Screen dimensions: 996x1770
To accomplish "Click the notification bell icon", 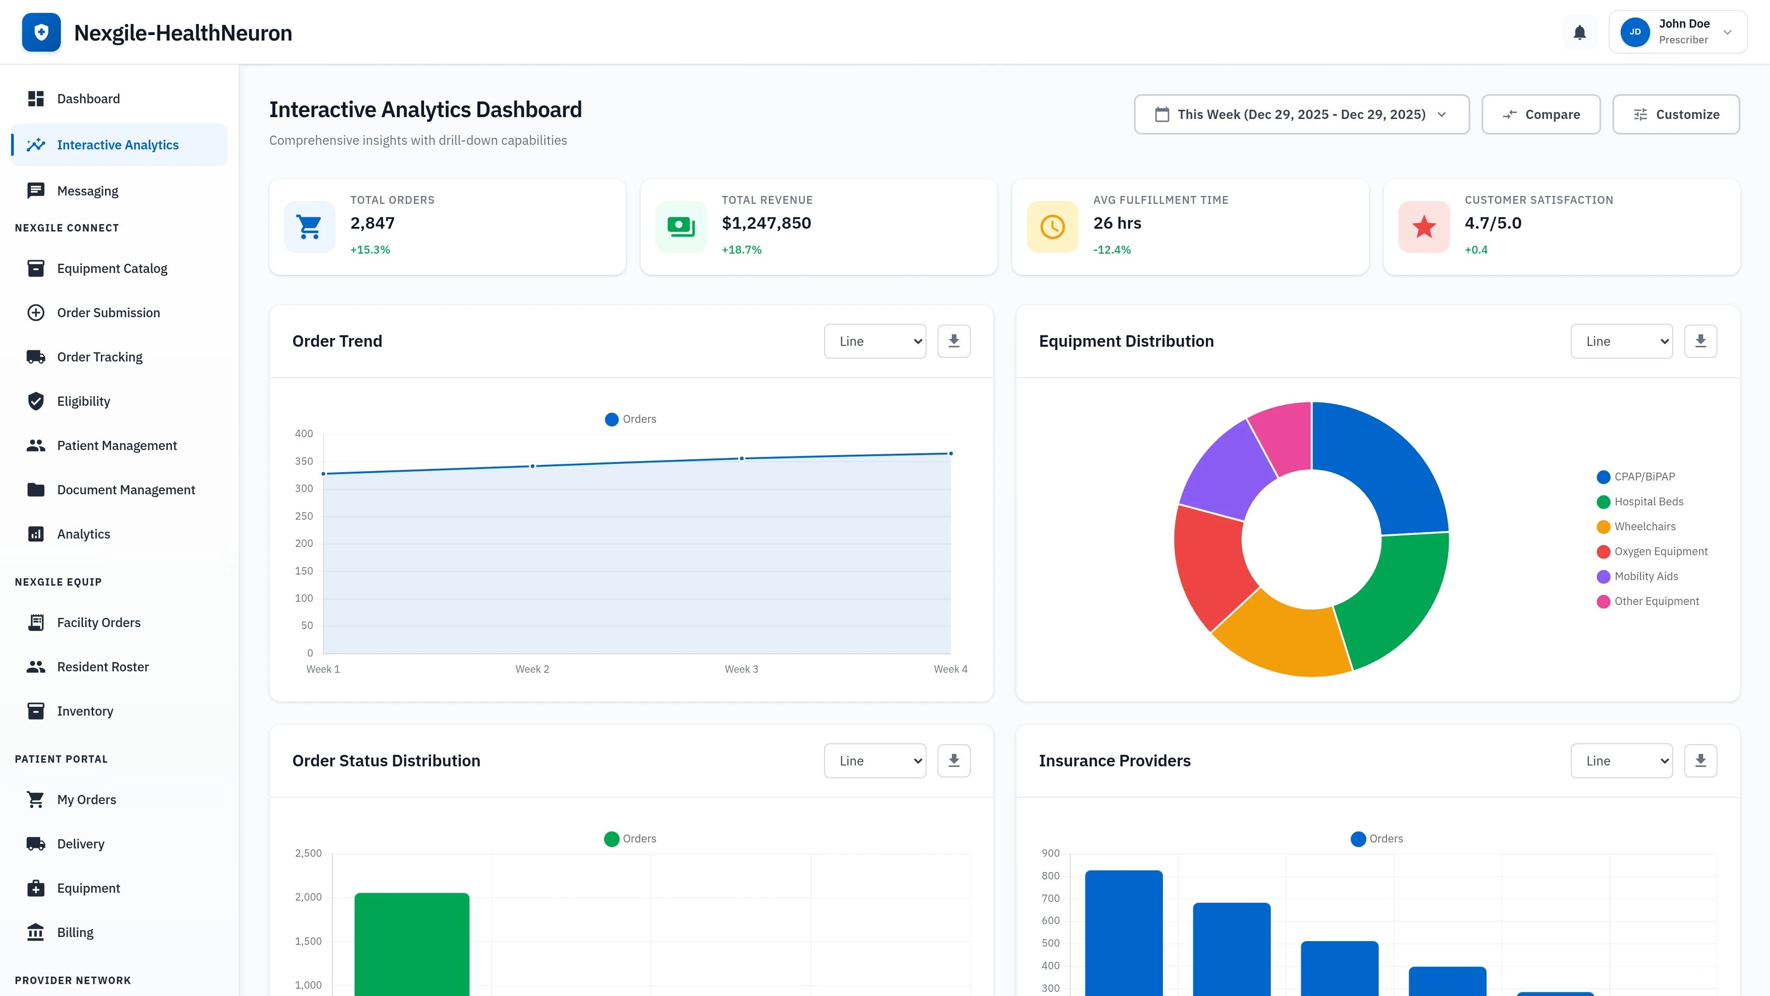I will (1579, 32).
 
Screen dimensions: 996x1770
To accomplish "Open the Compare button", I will (1540, 114).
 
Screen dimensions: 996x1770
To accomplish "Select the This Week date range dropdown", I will (1301, 114).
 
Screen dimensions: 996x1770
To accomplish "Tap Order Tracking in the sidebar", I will (100, 357).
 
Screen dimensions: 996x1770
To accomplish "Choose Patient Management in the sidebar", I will (117, 445).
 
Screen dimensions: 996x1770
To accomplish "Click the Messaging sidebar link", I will (87, 190).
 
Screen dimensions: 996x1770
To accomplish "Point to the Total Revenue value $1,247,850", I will (766, 223).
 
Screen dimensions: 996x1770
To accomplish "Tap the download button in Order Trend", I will (954, 341).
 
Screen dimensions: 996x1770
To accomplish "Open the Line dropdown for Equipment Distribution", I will (1621, 341).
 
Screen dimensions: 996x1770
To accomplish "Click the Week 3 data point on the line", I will (741, 458).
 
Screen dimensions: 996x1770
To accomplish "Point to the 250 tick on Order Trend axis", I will (304, 516).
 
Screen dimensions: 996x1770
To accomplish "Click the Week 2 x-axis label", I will (532, 669).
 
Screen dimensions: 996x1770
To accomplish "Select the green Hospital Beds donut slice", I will (1398, 598).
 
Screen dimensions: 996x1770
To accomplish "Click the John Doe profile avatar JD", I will (1634, 32).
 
